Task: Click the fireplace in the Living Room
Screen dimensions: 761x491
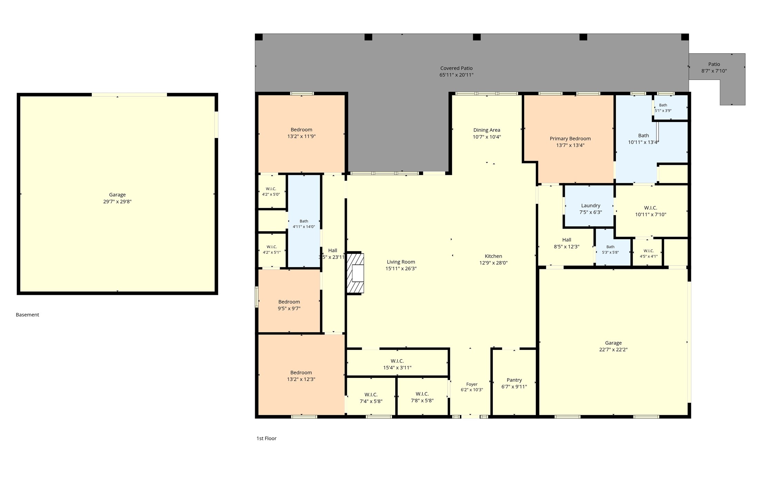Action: [x=355, y=273]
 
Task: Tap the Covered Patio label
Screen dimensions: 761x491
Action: [x=456, y=68]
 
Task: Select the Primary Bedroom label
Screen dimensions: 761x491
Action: [x=570, y=139]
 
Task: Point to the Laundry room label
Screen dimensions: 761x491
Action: [x=591, y=206]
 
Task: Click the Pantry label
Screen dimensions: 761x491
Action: [x=514, y=380]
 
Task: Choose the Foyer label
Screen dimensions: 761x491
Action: [x=472, y=384]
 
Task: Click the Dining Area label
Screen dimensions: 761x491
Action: [x=487, y=130]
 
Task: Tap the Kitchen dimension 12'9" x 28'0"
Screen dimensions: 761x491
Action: [x=493, y=263]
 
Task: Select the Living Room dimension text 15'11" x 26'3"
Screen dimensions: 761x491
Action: [x=401, y=269]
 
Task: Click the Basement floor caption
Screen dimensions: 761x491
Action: [x=28, y=315]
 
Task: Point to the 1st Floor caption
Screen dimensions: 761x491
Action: [x=267, y=439]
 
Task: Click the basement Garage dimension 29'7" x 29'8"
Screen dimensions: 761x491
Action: [x=117, y=201]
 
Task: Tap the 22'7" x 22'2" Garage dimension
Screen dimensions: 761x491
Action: [x=613, y=350]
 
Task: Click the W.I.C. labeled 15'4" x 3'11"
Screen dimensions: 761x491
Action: [x=397, y=364]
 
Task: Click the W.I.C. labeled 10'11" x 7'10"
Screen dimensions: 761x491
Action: [x=651, y=211]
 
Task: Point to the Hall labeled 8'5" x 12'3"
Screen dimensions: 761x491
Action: [x=567, y=243]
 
